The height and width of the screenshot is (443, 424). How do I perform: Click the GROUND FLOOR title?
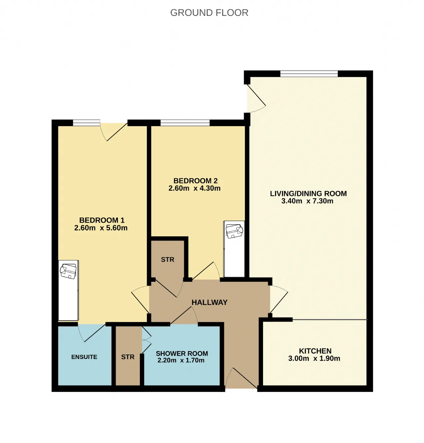click(209, 13)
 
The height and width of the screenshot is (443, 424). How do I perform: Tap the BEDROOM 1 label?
click(102, 220)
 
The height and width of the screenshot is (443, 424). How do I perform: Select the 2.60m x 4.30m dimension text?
click(194, 188)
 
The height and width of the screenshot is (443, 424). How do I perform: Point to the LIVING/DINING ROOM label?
click(308, 193)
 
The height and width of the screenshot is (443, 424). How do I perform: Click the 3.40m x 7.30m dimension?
click(307, 201)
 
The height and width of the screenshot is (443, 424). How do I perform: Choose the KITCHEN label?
click(315, 351)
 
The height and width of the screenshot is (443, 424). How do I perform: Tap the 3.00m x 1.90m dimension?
click(314, 358)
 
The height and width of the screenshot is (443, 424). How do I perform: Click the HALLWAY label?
click(209, 302)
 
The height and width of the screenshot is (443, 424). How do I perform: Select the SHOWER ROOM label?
click(182, 353)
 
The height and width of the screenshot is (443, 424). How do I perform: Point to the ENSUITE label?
click(84, 357)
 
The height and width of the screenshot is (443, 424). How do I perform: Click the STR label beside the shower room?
click(128, 357)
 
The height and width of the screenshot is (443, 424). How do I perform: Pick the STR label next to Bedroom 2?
click(168, 259)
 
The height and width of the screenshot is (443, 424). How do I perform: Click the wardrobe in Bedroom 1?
click(68, 290)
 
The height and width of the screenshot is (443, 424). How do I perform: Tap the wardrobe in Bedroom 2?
click(234, 249)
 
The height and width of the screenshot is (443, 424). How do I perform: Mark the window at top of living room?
click(309, 74)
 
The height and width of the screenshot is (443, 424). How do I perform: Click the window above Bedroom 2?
click(185, 123)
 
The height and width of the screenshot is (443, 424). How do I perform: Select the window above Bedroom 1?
click(86, 123)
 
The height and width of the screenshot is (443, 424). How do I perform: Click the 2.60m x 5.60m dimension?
click(101, 228)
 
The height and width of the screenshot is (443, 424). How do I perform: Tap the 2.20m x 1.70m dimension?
click(181, 360)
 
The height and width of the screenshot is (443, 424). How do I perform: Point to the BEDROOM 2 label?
click(196, 181)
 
